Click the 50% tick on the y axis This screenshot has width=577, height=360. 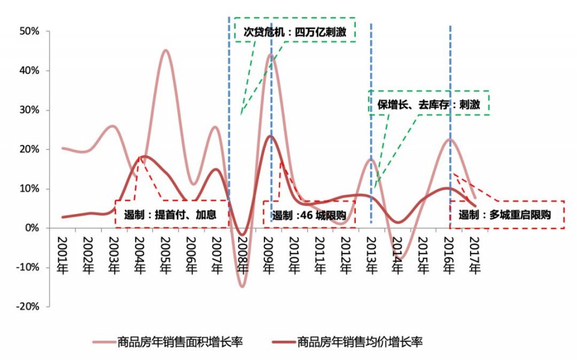29,31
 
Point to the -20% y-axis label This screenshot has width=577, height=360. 26,307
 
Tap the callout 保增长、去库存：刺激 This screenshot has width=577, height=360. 429,103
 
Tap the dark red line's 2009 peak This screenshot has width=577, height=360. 270,136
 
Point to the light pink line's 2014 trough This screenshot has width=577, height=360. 399,258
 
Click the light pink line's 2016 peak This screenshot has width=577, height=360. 450,139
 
